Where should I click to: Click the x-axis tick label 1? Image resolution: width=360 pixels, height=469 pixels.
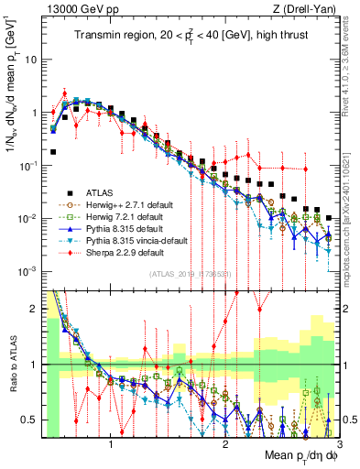pos(111,446)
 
